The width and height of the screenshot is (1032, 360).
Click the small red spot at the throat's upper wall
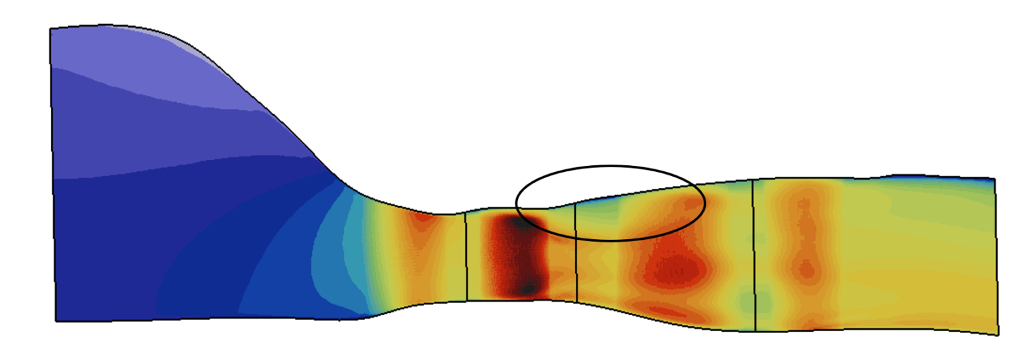[x=423, y=217]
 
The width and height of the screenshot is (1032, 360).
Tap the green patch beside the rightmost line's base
[x=744, y=299]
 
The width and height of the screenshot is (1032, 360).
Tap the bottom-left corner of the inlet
[x=56, y=320]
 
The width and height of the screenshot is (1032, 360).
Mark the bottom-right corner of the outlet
[x=998, y=334]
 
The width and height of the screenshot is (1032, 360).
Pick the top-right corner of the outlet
[x=993, y=179]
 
